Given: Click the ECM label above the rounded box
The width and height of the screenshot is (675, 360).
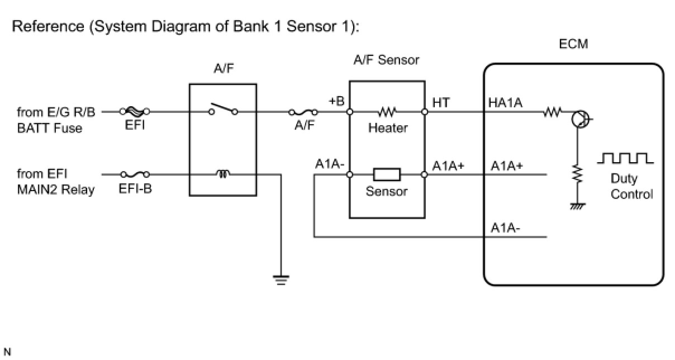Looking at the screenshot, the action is pos(573,44).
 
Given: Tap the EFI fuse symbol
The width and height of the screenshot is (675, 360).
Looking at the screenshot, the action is pos(135,112).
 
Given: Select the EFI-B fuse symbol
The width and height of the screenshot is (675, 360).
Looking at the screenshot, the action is pos(135,174).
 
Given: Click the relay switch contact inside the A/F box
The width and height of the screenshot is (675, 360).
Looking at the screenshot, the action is pos(223,109).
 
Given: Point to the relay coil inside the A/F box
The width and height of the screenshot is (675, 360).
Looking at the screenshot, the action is pos(223,174).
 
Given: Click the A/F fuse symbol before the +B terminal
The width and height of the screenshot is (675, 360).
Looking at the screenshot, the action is pos(303,112).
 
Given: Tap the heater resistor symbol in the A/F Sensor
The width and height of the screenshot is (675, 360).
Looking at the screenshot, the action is pos(387,112).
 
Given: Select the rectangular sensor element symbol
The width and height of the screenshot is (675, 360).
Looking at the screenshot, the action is pos(387,174).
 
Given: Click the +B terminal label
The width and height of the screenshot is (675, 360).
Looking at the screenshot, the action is pos(336,101).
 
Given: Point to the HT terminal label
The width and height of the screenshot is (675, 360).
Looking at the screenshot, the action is pos(441,103).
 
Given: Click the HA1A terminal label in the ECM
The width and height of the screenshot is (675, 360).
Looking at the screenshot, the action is pos(505,103).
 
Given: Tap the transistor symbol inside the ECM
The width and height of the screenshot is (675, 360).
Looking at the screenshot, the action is pos(581,119).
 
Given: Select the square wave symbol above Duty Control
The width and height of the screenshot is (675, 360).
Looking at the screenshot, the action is pos(625,158).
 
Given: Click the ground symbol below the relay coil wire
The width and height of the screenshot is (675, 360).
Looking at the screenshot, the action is pos(281,280).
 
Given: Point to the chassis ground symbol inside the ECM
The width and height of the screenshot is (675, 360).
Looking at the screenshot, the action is pos(578,206).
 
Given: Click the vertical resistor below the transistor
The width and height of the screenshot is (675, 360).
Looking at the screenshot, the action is pos(578,174).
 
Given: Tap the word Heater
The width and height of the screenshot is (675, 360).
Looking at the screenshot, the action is pos(388,128).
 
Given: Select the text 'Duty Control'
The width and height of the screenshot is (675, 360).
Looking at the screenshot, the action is pos(631,186).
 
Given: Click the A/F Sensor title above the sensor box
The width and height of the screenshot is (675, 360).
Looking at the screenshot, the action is pos(386,60).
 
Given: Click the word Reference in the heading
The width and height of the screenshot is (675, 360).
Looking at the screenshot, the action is pos(48,26).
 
